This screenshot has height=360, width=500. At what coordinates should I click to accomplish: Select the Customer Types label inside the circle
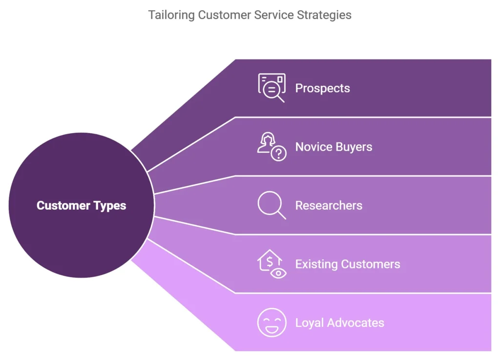tap(81, 205)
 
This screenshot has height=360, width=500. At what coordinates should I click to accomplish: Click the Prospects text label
tap(322, 88)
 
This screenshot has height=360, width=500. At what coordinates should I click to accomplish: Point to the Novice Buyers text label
tap(333, 147)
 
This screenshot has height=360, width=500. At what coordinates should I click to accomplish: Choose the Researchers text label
tap(329, 205)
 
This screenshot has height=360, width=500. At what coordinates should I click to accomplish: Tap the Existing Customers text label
tap(347, 264)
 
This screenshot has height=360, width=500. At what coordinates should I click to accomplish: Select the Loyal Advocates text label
tap(339, 323)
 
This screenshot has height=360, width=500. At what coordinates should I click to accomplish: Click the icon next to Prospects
tap(271, 88)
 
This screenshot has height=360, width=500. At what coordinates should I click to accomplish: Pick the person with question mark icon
tap(271, 146)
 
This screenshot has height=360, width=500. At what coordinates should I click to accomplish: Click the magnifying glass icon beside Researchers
tap(271, 205)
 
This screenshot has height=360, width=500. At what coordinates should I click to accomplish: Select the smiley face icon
tap(271, 322)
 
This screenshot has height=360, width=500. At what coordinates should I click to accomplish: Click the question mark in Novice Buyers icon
tap(279, 154)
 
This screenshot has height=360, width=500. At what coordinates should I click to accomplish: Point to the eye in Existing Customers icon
tap(279, 272)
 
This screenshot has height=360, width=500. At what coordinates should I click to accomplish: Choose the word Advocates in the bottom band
tap(355, 323)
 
